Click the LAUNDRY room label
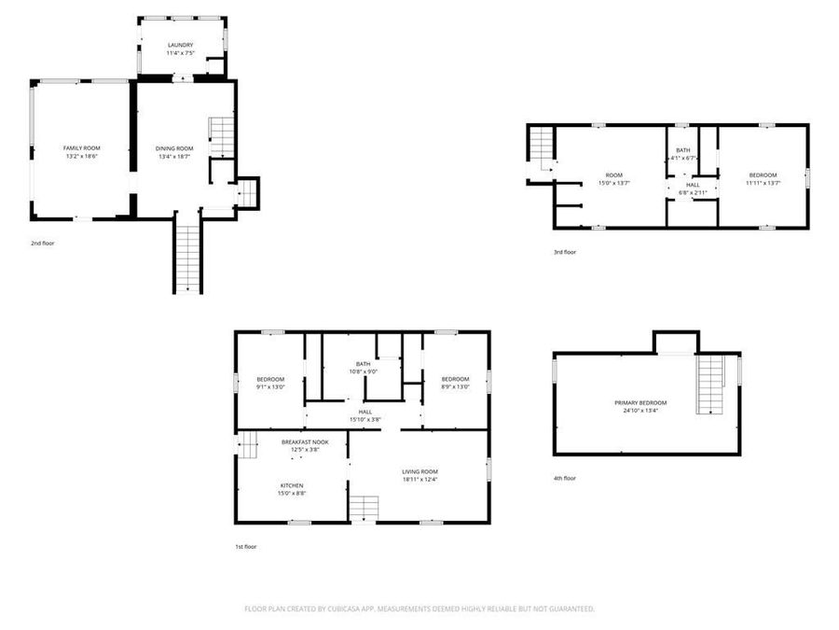pyautogui.click(x=180, y=45)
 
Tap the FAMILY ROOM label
pyautogui.click(x=82, y=148)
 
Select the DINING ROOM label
pyautogui.click(x=174, y=148)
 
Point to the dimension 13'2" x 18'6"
pyautogui.click(x=82, y=157)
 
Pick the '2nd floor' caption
pyautogui.click(x=43, y=243)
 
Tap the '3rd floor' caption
pyautogui.click(x=565, y=252)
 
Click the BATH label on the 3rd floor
pyautogui.click(x=683, y=150)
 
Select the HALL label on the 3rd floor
pyautogui.click(x=693, y=185)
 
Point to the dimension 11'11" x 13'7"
pyautogui.click(x=762, y=183)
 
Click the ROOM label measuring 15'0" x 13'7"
pyautogui.click(x=613, y=175)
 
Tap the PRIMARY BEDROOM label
pyautogui.click(x=640, y=402)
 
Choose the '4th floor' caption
pyautogui.click(x=565, y=478)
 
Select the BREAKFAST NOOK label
pyautogui.click(x=306, y=441)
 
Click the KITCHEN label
pyautogui.click(x=292, y=485)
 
